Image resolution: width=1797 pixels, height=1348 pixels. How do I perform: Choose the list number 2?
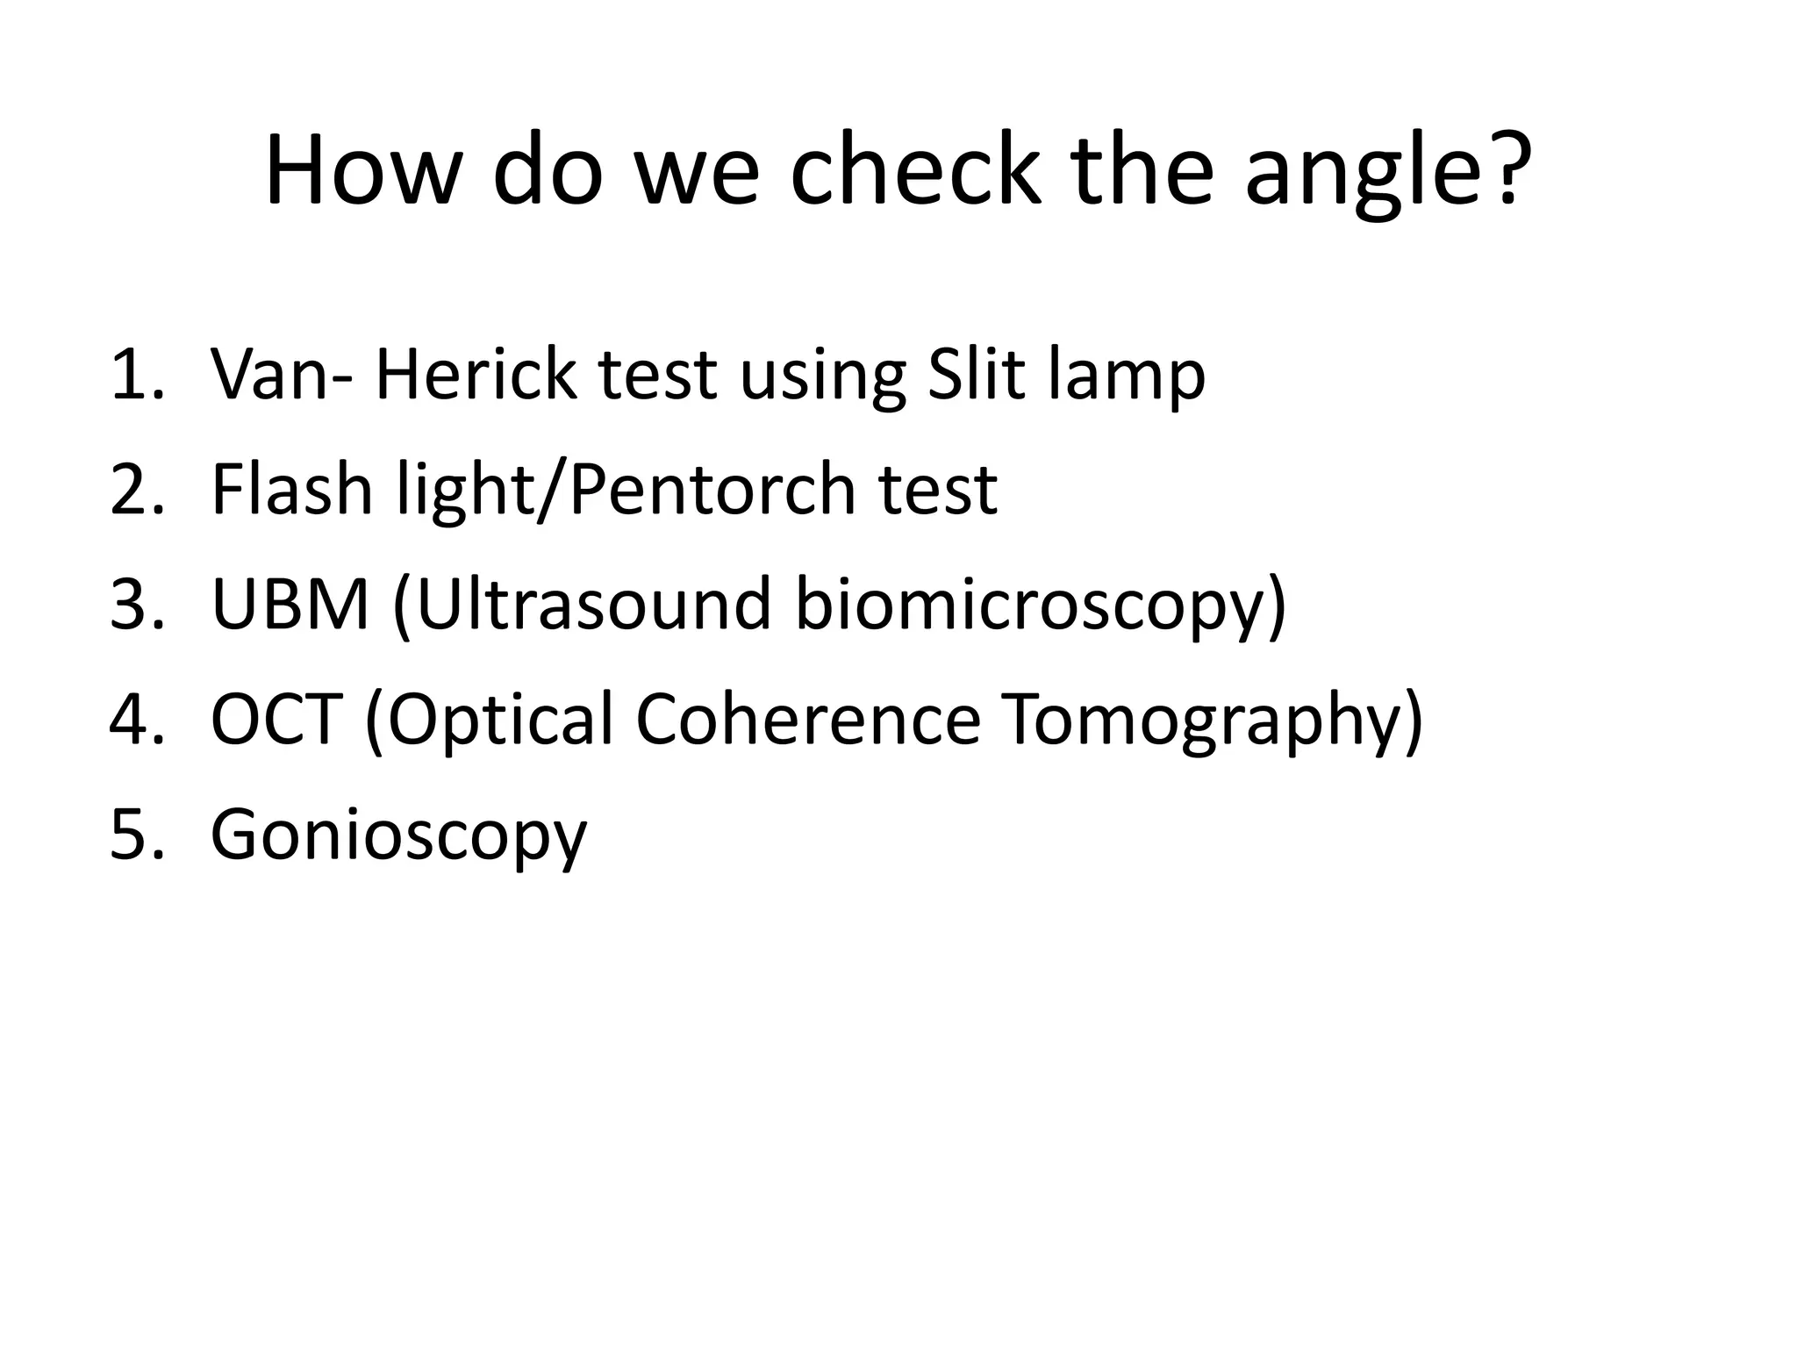tap(133, 490)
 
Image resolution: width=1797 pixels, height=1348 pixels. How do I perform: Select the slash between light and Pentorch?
tap(553, 490)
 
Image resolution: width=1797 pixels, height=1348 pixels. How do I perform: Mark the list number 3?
tap(133, 605)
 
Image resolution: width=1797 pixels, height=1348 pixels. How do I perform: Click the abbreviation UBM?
tap(290, 605)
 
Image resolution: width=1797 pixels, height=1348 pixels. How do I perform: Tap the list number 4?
tap(133, 720)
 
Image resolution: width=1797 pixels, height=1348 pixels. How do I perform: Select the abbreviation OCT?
tap(276, 720)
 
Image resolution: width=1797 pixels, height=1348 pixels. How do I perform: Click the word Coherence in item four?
tap(807, 720)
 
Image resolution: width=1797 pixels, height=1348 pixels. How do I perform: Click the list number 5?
tap(133, 835)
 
